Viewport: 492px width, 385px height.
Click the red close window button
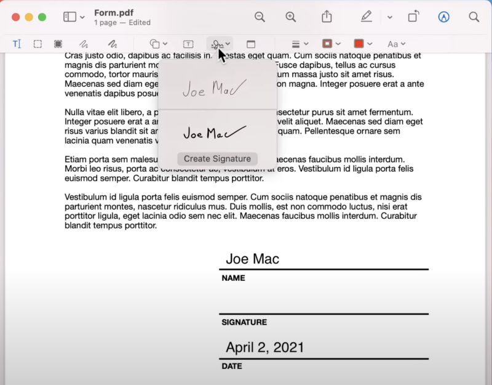click(15, 17)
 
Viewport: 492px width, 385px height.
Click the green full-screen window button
click(42, 17)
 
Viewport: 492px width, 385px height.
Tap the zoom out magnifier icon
click(260, 17)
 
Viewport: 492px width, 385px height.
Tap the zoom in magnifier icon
click(291, 17)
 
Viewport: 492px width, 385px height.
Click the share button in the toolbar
click(327, 17)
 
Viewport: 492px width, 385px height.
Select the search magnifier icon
click(474, 17)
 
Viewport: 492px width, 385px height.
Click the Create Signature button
click(217, 159)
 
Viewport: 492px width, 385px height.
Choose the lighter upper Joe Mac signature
click(215, 88)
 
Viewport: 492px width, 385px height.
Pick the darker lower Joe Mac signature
click(215, 132)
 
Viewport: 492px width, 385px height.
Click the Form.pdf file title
click(114, 12)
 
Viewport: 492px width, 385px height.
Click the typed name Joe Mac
click(252, 259)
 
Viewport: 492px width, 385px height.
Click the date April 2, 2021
click(264, 347)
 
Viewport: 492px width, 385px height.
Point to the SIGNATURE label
click(244, 322)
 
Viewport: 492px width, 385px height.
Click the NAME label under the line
click(233, 278)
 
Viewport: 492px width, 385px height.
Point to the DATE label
click(232, 367)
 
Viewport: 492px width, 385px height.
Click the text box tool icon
click(188, 44)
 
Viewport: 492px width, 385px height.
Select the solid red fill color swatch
click(359, 44)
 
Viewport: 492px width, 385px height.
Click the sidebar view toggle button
click(70, 17)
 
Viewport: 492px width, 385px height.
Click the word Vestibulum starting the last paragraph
click(86, 197)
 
